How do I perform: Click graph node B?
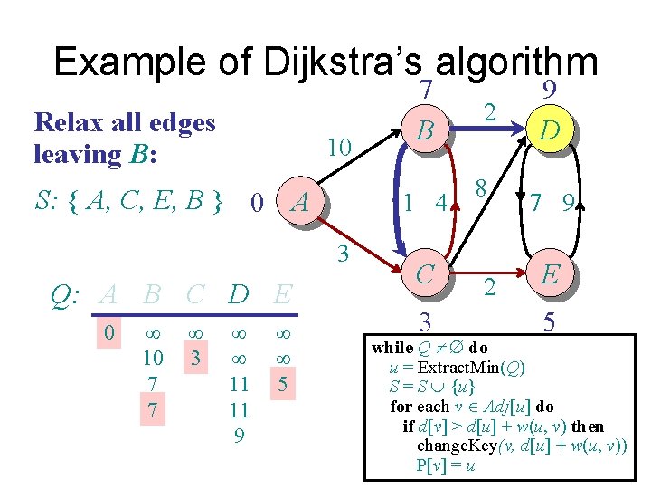[x=422, y=132]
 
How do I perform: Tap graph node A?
[x=302, y=202]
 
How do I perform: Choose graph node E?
[x=549, y=273]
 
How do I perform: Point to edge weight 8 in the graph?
[x=483, y=188]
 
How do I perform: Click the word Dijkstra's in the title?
[x=344, y=63]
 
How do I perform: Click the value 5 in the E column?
[x=282, y=384]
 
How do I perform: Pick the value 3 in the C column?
[x=194, y=358]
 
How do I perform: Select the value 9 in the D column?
[x=239, y=436]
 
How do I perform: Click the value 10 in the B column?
[x=152, y=358]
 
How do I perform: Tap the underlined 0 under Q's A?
[x=108, y=332]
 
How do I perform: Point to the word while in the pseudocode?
[x=392, y=348]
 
